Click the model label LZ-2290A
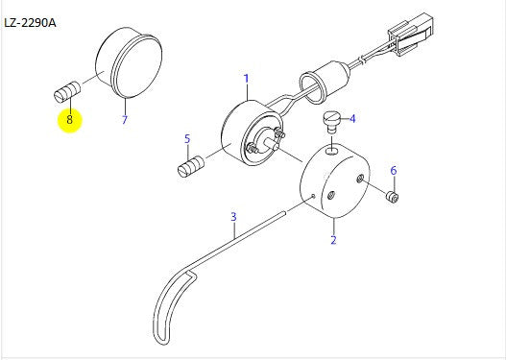coord(30,23)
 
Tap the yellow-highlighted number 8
coord(70,120)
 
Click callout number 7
coord(125,120)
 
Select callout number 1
coord(246,79)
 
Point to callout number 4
coord(352,119)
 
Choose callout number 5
coord(187,139)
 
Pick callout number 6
coord(394,171)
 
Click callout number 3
coord(233,217)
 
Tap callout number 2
coord(333,240)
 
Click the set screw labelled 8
coord(67,92)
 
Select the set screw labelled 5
coord(191,166)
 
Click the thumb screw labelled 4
coord(330,122)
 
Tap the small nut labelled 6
coord(393,197)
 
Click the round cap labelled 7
coord(129,62)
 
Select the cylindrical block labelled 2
coord(335,180)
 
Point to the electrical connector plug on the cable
coord(411,35)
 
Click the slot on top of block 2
coord(333,150)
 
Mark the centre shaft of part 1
coord(271,143)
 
